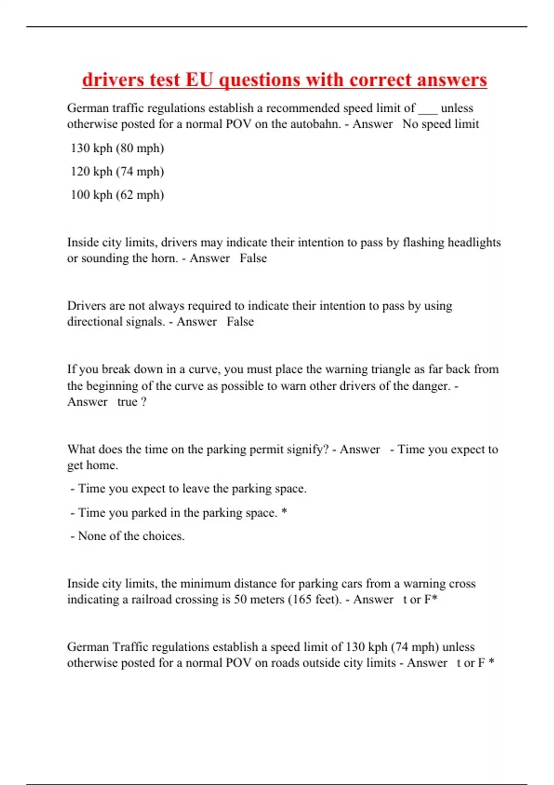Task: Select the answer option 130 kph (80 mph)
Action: (117, 148)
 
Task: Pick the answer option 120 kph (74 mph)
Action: (117, 172)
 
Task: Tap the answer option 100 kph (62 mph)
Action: (117, 195)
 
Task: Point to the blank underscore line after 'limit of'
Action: (428, 111)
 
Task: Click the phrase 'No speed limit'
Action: (440, 124)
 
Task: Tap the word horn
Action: (164, 258)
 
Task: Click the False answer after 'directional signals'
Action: (240, 321)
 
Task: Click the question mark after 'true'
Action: (144, 402)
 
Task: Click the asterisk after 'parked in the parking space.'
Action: (284, 512)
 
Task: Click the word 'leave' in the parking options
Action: (195, 489)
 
